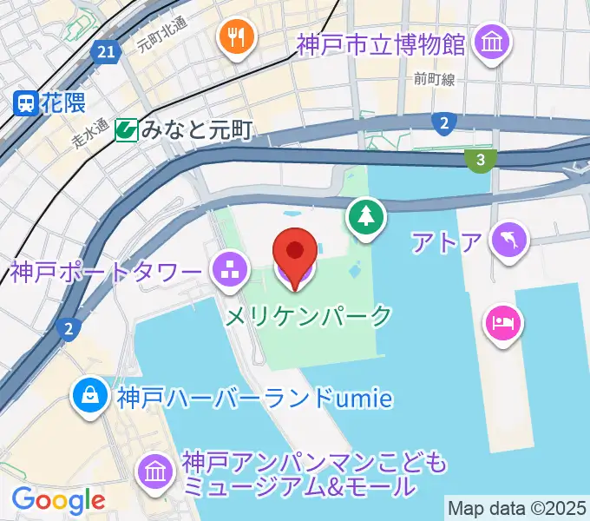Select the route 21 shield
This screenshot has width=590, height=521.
(x=106, y=53)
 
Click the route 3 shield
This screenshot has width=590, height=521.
(x=480, y=159)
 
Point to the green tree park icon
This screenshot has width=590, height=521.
(x=366, y=218)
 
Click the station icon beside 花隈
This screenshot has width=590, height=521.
(x=24, y=103)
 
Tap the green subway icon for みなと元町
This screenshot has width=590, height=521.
(x=127, y=130)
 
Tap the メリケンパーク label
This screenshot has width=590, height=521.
(x=309, y=316)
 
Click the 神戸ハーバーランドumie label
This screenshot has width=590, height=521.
(x=255, y=398)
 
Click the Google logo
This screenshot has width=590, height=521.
(x=58, y=499)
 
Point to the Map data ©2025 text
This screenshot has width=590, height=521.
(x=515, y=507)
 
